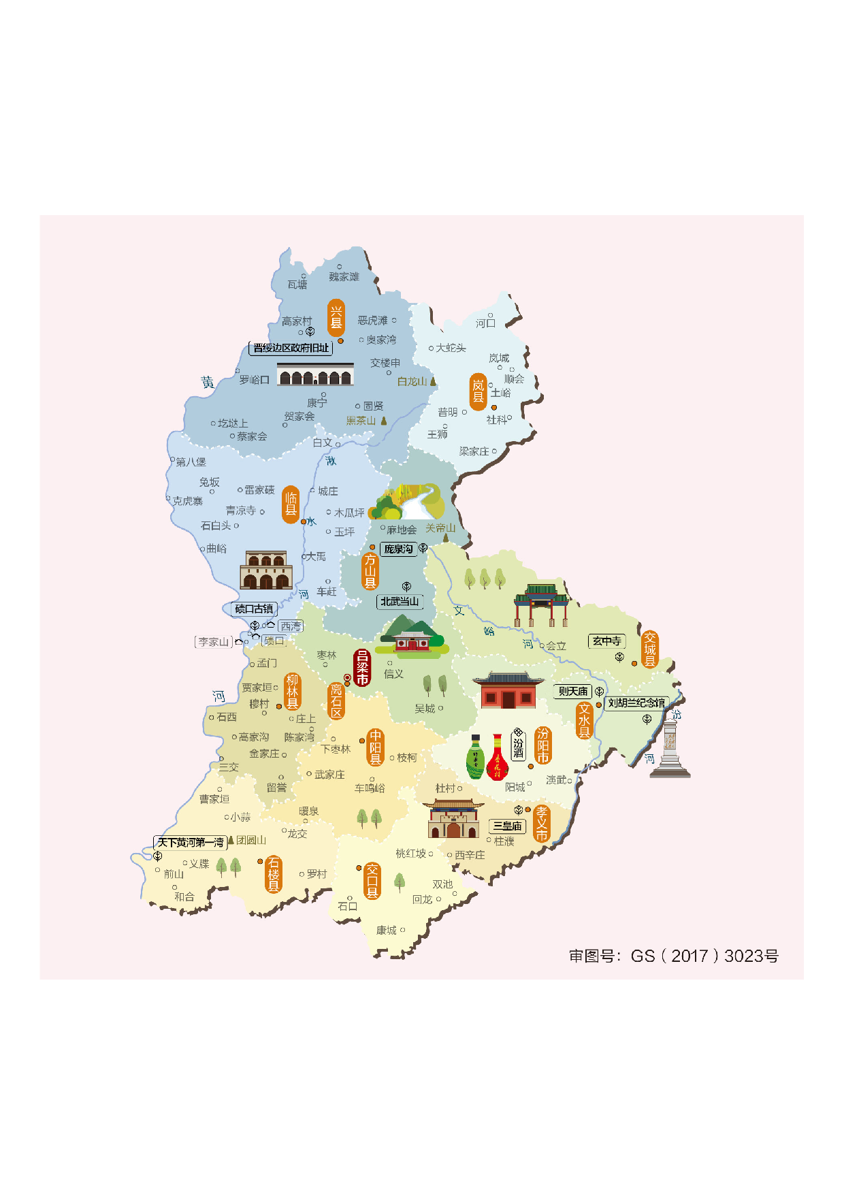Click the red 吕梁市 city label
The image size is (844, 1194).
coord(362,668)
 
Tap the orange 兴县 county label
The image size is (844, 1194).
coord(336,318)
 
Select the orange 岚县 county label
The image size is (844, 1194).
coord(478,391)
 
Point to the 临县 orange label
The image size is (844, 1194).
coord(291,504)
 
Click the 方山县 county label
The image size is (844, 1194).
coord(370,570)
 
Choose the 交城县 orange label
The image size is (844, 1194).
coord(650,649)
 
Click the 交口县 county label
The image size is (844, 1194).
coord(372,881)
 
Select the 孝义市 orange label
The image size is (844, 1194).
coord(542,824)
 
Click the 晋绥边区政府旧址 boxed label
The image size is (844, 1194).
coord(291,348)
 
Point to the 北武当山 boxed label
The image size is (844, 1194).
coord(400,602)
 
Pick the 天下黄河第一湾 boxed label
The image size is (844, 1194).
coord(191,843)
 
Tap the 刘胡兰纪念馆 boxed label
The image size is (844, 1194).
coord(636,703)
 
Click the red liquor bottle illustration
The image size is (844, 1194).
coord(498,758)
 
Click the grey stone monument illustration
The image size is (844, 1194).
coord(670,749)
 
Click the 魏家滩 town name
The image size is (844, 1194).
coord(344,277)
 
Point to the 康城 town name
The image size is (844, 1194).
coord(387,931)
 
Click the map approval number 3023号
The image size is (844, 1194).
coord(751,956)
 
